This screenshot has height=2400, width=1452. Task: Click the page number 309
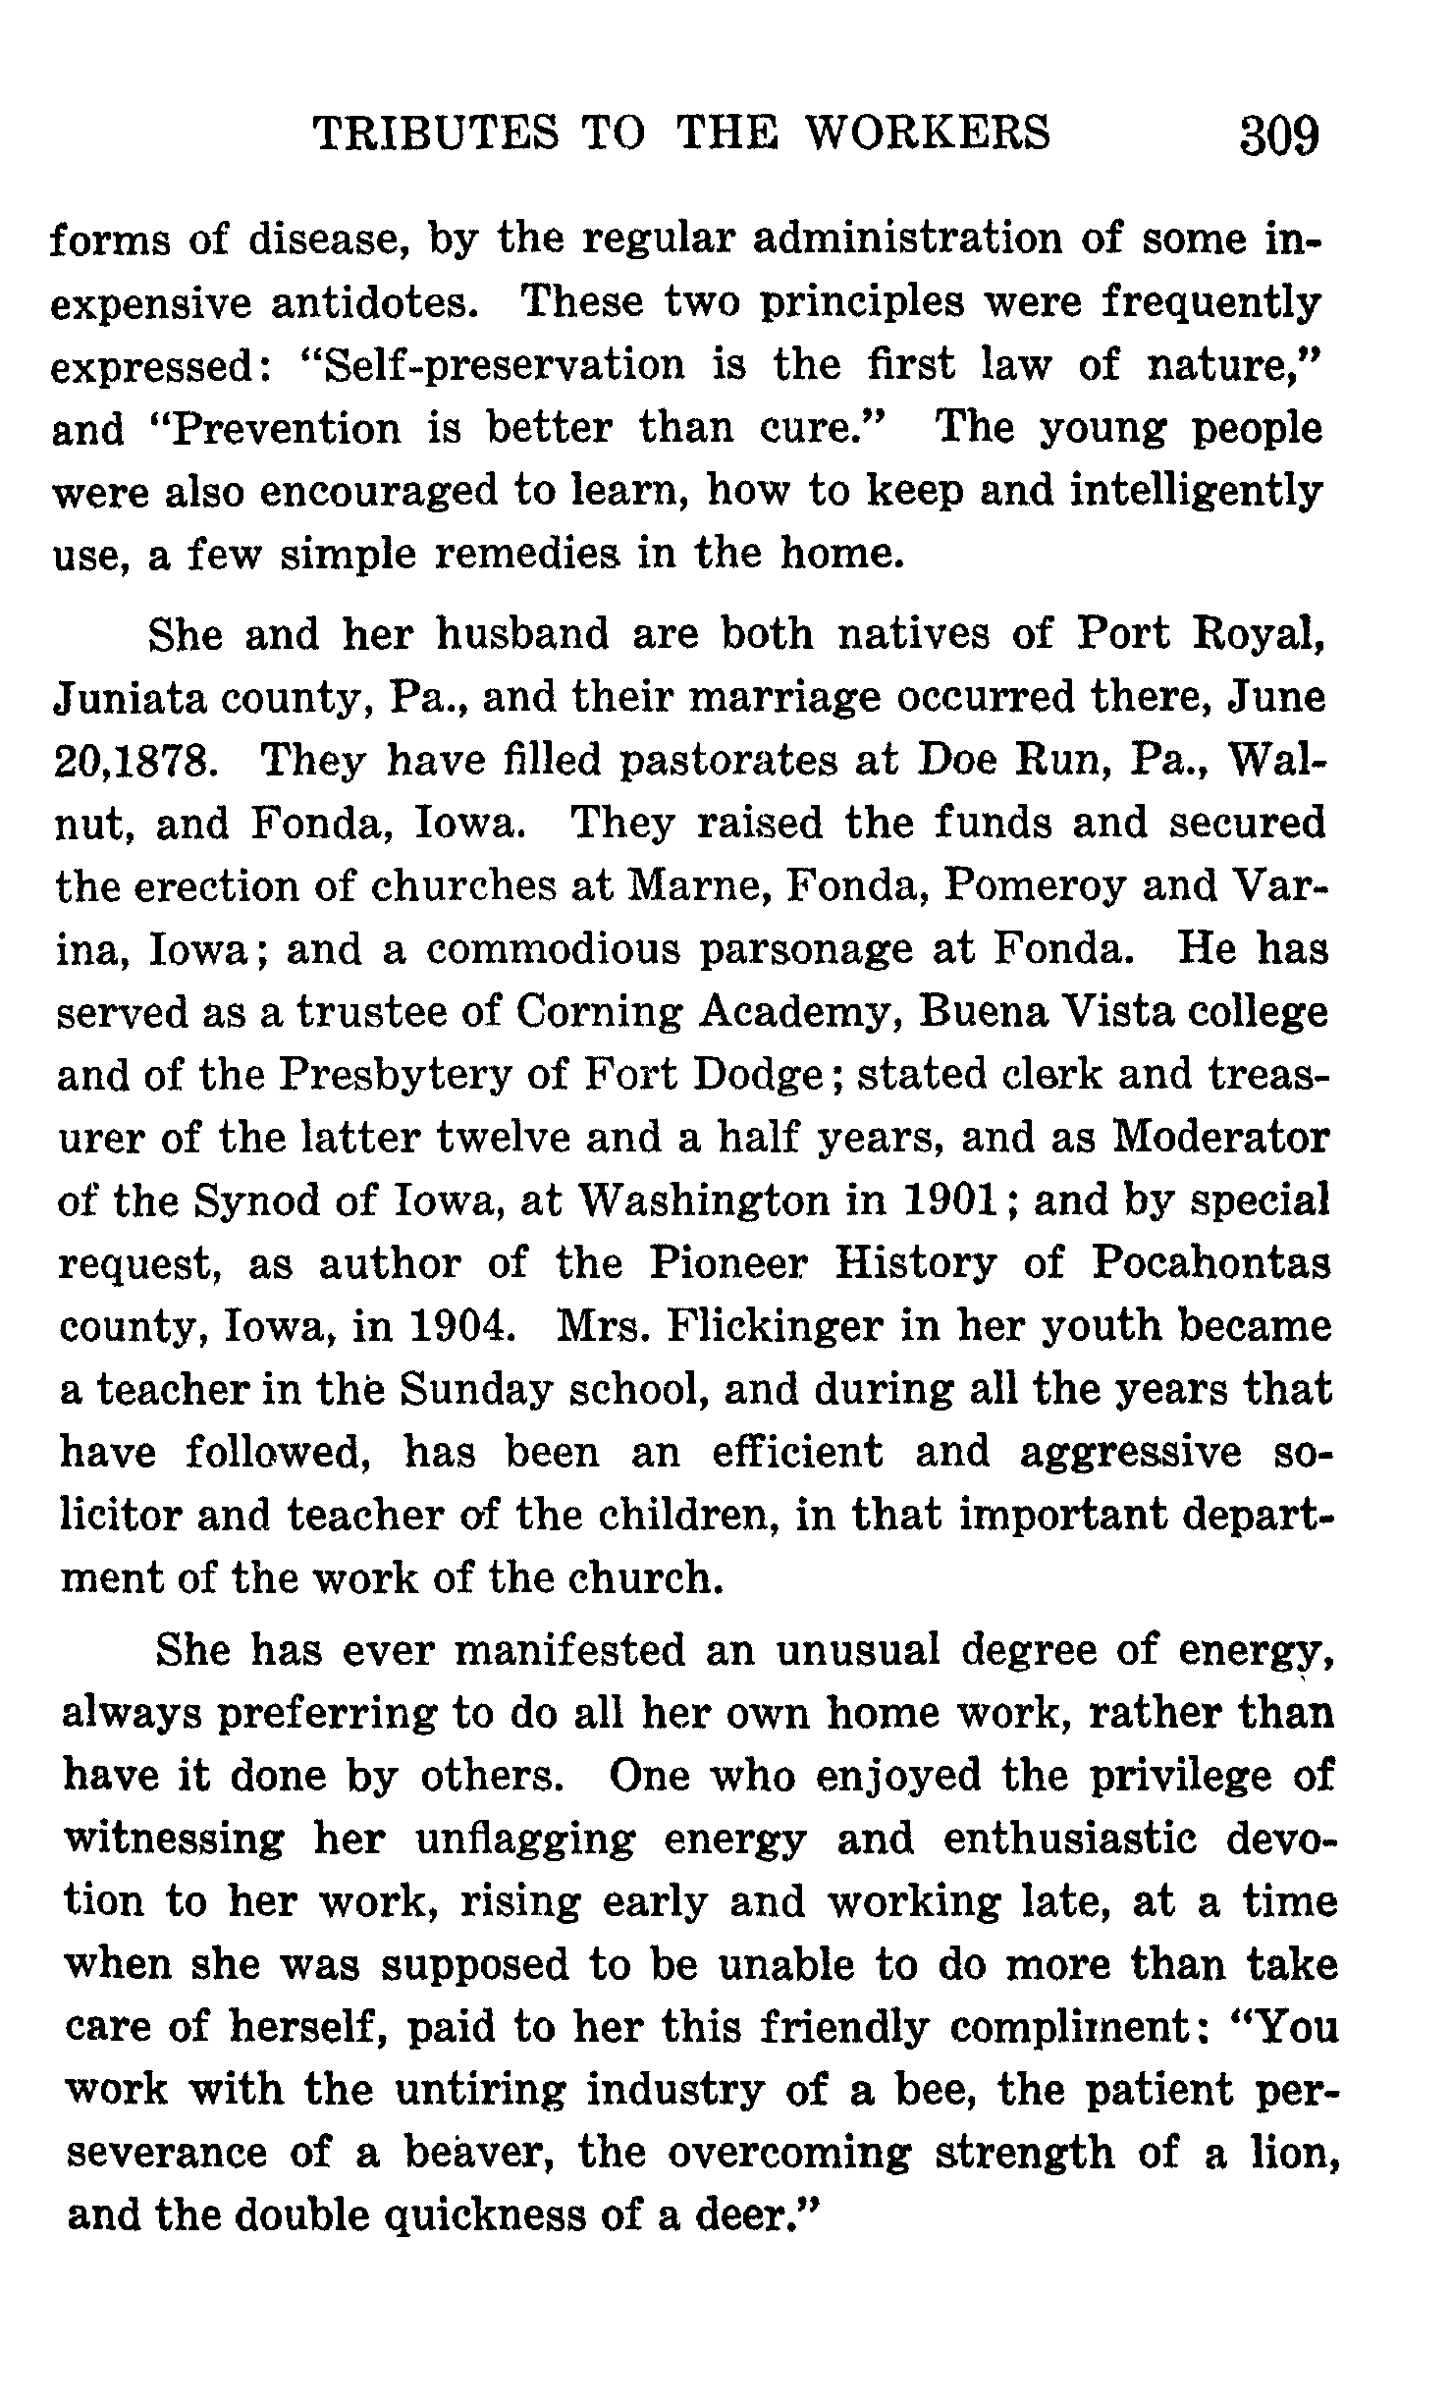pos(1279,135)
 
